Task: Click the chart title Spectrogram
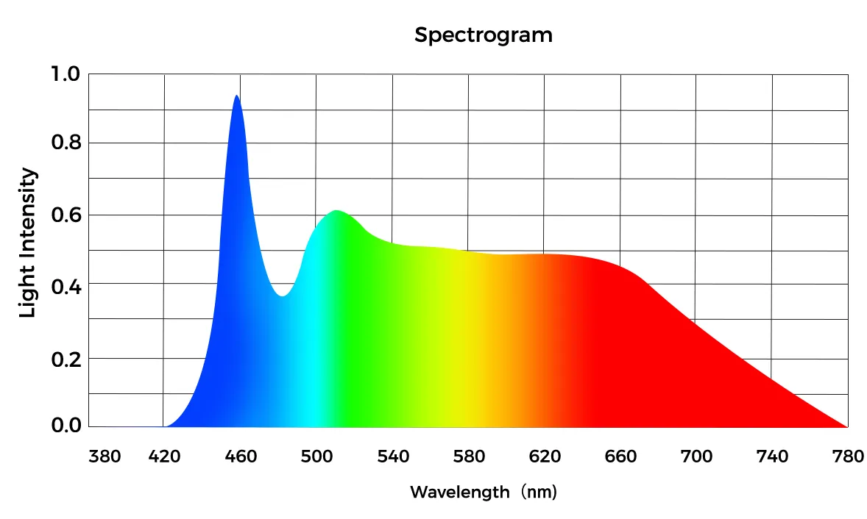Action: (483, 35)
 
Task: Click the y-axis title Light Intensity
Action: (28, 243)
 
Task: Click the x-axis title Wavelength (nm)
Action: (483, 492)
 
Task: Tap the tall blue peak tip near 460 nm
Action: (236, 96)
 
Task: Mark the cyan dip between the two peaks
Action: (282, 295)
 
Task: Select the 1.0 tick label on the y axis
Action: (64, 74)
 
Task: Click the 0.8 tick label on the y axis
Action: (64, 143)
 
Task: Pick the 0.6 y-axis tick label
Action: (64, 215)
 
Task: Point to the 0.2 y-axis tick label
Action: (64, 358)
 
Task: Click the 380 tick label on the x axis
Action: (105, 457)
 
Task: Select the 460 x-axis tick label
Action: (241, 457)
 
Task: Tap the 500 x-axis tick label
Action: (316, 457)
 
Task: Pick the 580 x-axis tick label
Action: (469, 457)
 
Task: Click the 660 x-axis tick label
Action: (620, 457)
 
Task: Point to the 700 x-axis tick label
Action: (696, 457)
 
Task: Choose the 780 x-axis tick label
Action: (847, 457)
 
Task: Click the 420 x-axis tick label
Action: (165, 457)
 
